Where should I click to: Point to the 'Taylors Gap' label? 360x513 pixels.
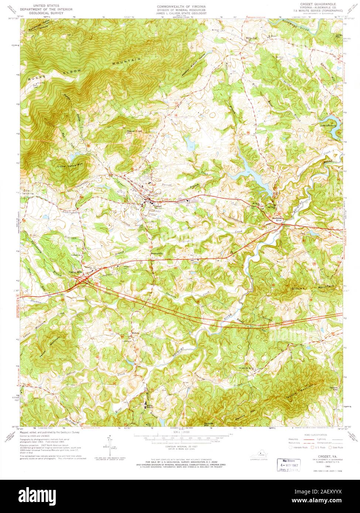[x=334, y=389]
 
